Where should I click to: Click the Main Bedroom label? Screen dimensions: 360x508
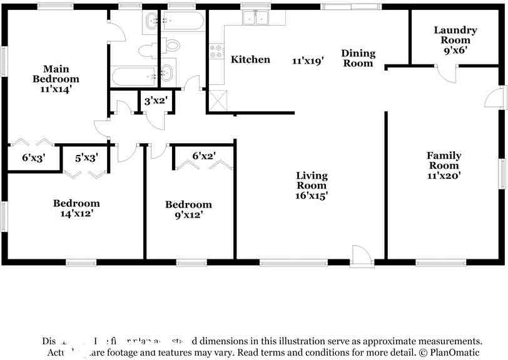click(56, 74)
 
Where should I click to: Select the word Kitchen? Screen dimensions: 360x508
click(250, 59)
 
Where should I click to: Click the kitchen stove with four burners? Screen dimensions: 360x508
click(216, 52)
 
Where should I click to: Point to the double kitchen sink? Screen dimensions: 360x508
click(255, 19)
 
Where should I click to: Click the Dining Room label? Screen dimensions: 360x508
click(358, 58)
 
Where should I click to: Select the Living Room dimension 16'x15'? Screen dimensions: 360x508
click(311, 195)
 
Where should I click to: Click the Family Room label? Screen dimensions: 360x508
click(444, 161)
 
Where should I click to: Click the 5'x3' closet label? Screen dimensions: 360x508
click(86, 158)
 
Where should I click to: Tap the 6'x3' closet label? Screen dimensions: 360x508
click(34, 158)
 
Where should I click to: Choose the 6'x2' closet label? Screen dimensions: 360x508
click(203, 156)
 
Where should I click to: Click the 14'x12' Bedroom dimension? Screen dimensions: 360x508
click(76, 213)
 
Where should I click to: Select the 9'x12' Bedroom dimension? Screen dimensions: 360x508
click(188, 215)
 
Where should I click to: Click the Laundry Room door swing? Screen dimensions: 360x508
click(447, 74)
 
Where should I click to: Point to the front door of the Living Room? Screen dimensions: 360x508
click(360, 255)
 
